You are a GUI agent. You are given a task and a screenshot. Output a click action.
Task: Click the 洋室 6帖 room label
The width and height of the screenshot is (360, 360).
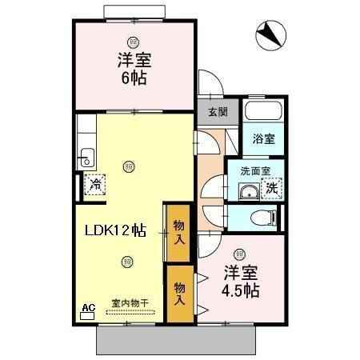(x=135, y=70)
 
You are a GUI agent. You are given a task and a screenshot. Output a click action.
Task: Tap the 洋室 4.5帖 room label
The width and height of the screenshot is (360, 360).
(x=240, y=280)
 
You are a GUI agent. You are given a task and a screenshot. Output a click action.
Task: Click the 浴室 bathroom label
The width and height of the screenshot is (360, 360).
(x=263, y=138)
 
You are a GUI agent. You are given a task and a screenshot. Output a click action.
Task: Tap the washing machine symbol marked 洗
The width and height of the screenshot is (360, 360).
(x=273, y=189)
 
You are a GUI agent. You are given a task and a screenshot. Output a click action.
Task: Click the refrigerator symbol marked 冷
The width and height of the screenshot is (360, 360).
(x=95, y=185)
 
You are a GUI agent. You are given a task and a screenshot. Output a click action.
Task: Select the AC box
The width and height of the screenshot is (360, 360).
(x=88, y=306)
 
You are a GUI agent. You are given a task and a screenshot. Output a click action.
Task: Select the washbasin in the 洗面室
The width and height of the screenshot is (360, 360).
(x=249, y=191)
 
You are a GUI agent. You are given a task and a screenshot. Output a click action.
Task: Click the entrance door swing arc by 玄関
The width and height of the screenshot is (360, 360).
(x=210, y=82)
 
